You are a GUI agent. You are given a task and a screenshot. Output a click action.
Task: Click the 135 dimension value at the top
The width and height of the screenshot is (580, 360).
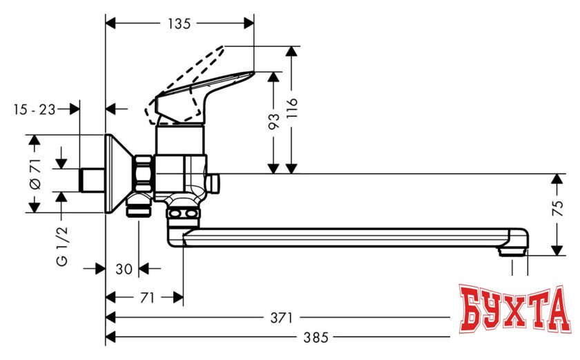179,23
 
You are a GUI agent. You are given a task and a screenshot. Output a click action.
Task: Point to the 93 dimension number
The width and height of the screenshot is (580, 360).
274,122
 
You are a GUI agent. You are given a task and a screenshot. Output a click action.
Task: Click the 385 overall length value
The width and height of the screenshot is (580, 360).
316,338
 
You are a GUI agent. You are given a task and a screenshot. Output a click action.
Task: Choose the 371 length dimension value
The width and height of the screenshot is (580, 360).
282,318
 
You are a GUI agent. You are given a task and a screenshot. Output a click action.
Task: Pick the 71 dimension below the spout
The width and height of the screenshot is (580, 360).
146,298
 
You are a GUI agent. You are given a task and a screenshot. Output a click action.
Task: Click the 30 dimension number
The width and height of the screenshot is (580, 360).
124,269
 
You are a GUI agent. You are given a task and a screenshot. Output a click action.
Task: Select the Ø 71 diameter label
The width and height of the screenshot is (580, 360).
36,174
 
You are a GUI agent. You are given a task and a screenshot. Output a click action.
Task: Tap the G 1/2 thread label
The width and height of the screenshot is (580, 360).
62,250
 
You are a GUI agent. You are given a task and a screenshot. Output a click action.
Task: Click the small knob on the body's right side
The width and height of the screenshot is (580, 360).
213,183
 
